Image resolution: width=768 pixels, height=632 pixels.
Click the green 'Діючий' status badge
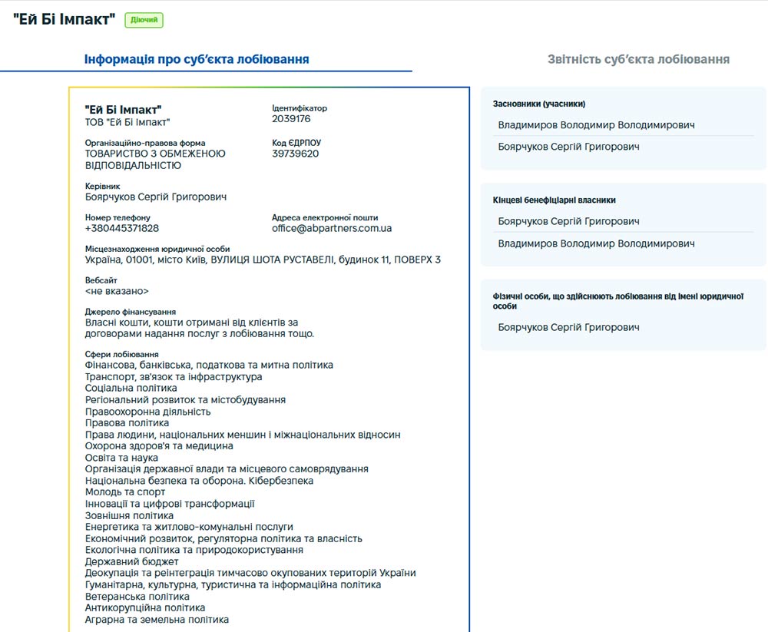144,20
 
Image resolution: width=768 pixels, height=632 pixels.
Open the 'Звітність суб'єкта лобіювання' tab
638,59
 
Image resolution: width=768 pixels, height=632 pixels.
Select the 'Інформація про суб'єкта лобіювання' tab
197,59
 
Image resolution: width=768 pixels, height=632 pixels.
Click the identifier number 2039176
291,119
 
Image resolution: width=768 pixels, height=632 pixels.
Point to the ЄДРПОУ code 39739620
295,154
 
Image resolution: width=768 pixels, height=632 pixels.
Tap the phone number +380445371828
122,228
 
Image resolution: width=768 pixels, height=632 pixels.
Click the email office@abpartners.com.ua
332,228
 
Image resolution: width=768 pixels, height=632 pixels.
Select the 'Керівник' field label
102,186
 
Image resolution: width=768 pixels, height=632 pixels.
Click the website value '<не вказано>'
117,292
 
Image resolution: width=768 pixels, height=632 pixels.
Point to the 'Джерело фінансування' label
131,312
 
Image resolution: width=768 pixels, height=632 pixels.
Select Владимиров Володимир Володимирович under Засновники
596,125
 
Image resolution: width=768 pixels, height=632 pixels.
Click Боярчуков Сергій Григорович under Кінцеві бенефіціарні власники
568,221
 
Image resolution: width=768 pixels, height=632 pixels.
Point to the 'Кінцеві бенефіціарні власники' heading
554,200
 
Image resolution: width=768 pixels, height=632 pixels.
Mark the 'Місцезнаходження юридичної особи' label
157,249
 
